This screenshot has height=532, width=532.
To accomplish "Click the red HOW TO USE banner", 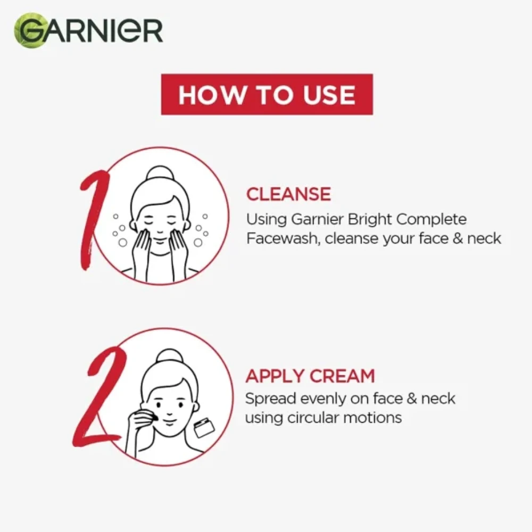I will click(x=267, y=95).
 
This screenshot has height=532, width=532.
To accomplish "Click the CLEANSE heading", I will click(x=288, y=194).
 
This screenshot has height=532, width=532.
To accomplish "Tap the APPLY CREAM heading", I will click(x=310, y=376).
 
